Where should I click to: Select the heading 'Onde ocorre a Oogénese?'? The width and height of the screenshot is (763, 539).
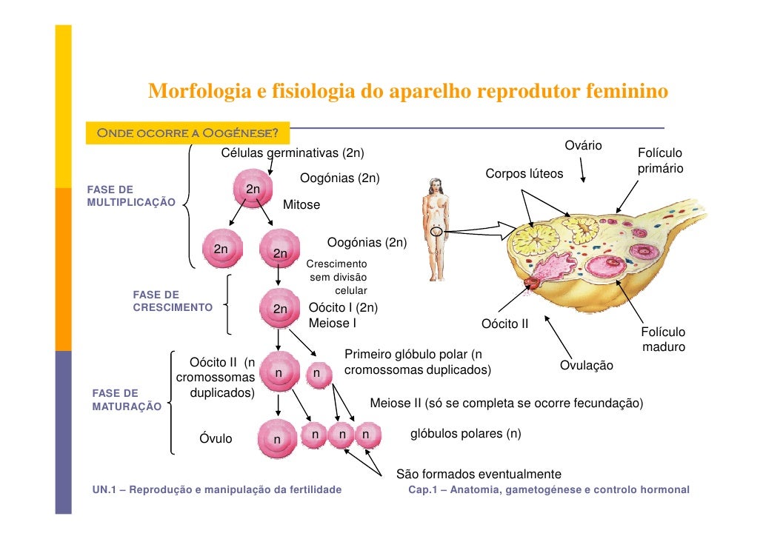tap(187, 134)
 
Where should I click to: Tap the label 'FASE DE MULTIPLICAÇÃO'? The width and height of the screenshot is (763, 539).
tap(131, 195)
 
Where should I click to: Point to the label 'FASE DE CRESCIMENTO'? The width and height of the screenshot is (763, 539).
tap(172, 301)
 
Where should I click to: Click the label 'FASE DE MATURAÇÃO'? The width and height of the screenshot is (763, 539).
tap(126, 399)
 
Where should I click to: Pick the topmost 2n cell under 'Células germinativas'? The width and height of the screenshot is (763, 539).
tap(253, 190)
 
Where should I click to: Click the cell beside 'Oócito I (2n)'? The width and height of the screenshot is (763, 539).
tap(279, 309)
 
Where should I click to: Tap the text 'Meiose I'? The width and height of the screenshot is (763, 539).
tap(332, 323)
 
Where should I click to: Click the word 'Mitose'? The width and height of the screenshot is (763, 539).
tap(301, 204)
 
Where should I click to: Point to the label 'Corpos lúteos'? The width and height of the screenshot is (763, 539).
tap(524, 174)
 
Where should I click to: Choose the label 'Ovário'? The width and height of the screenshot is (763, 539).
tap(583, 145)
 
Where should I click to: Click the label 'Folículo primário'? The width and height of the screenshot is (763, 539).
tap(659, 161)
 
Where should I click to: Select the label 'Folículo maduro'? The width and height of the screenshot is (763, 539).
tap(662, 340)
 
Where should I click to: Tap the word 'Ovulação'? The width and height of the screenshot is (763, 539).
tap(586, 366)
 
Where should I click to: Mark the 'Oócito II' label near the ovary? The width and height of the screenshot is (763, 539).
tap(504, 324)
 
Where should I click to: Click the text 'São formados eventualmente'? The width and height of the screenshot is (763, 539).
tap(479, 474)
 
